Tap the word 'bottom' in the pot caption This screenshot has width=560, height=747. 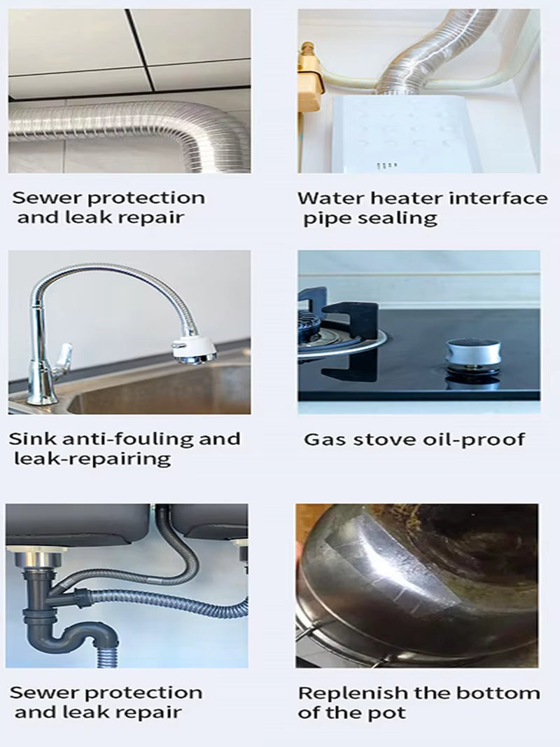[x=502, y=693]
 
